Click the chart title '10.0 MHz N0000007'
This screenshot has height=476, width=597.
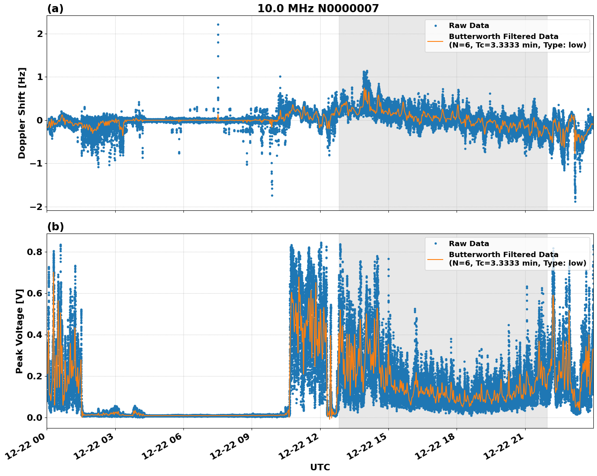click(x=318, y=9)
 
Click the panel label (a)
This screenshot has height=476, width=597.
click(x=55, y=9)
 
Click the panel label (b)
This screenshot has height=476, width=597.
click(x=55, y=227)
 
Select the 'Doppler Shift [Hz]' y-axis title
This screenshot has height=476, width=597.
click(x=22, y=113)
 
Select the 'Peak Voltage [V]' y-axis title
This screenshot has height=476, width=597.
click(x=19, y=331)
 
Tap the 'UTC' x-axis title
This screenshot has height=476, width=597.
click(x=320, y=467)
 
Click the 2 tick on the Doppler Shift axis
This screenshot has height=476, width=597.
click(x=40, y=34)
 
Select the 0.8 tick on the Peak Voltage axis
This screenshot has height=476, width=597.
click(x=34, y=252)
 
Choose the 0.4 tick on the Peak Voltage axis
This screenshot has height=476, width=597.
click(x=34, y=335)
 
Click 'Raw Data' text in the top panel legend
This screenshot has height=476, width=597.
click(x=469, y=26)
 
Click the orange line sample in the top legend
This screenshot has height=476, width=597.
click(x=435, y=41)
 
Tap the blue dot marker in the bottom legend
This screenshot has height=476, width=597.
click(x=435, y=244)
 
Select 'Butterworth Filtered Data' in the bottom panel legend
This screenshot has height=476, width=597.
click(x=503, y=255)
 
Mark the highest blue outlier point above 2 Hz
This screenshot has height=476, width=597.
click(x=218, y=24)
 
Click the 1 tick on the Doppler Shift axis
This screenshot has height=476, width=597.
click(x=40, y=77)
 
